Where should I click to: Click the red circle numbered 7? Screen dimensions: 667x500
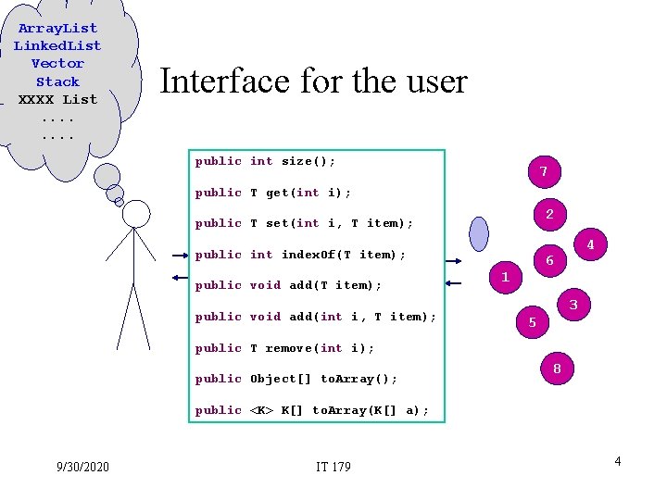point(544,171)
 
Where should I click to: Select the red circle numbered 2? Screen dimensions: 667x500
point(549,215)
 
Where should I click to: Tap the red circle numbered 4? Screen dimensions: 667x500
point(590,246)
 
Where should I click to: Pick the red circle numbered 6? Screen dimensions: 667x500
point(549,261)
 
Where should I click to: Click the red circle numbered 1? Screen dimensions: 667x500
point(505,277)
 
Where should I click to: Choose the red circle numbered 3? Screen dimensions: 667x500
point(573,305)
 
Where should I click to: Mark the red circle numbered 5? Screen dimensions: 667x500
point(532,322)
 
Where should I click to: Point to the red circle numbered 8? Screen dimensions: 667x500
point(557,369)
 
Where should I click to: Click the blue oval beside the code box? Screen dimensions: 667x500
point(478,233)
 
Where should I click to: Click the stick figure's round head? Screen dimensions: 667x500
point(136,214)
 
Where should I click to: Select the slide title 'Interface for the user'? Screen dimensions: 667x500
point(313,81)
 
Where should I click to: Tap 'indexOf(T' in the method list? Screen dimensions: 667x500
point(317,255)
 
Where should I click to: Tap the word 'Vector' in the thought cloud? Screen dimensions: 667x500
point(57,63)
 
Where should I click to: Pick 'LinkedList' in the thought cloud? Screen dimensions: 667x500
point(57,45)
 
